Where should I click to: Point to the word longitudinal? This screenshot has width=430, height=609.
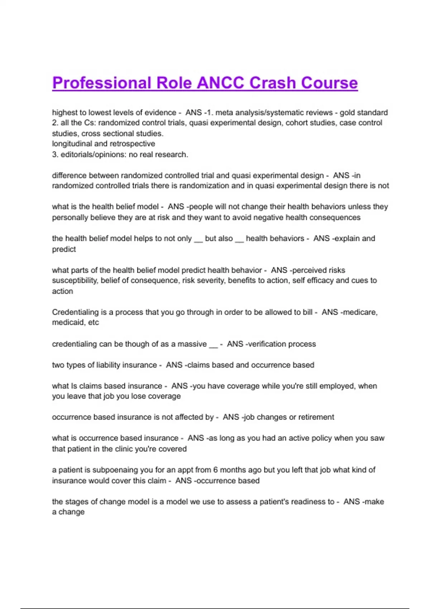pyautogui.click(x=72, y=144)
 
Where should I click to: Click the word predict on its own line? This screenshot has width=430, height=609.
pyautogui.click(x=64, y=249)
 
